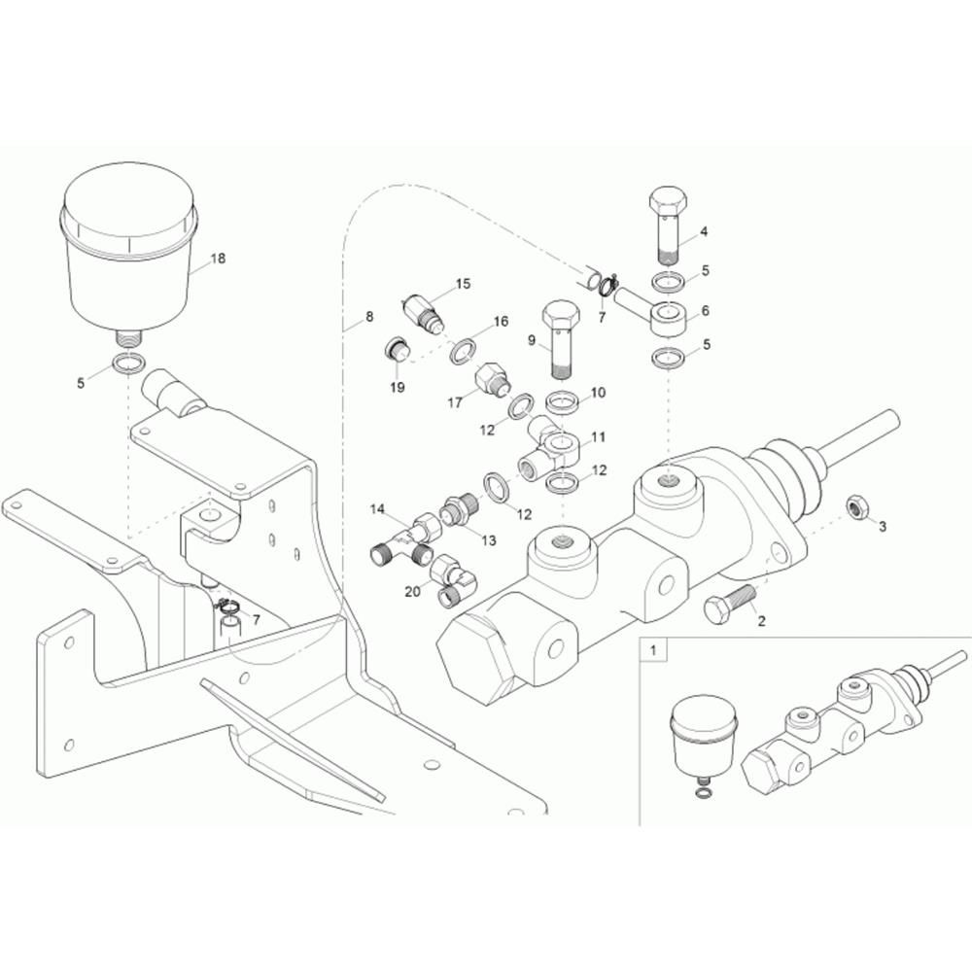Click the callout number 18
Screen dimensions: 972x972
pos(218,259)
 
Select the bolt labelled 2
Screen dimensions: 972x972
pos(729,602)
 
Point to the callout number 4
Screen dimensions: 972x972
pos(704,232)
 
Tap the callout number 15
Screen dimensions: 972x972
pos(463,284)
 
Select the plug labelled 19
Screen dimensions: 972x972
pos(395,351)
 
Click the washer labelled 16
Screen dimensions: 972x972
pos(464,350)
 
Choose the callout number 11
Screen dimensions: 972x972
pos(598,437)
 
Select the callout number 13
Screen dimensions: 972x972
pos(489,540)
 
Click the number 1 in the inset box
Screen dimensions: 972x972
pos(652,651)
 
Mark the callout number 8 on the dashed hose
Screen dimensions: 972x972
pos(369,317)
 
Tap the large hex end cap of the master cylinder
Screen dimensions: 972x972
pos(476,656)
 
